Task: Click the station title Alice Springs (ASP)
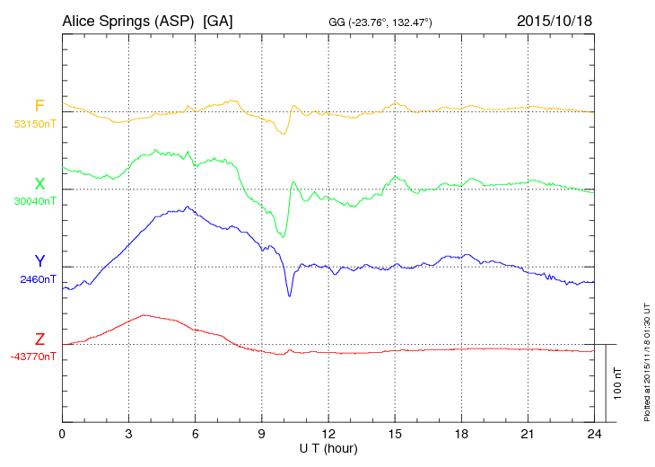coord(128,20)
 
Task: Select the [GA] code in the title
coord(219,20)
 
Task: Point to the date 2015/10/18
coord(555,20)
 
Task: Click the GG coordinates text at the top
coord(381,22)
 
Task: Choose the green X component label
coord(39,184)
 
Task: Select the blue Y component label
coord(39,261)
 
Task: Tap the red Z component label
coord(39,339)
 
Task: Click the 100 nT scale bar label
coord(617,383)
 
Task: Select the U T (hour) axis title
coord(328,448)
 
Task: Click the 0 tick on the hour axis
coord(62,435)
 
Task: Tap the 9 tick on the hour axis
coord(262,435)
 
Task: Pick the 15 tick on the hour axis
coord(395,435)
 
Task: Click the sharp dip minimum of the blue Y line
coord(289,295)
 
